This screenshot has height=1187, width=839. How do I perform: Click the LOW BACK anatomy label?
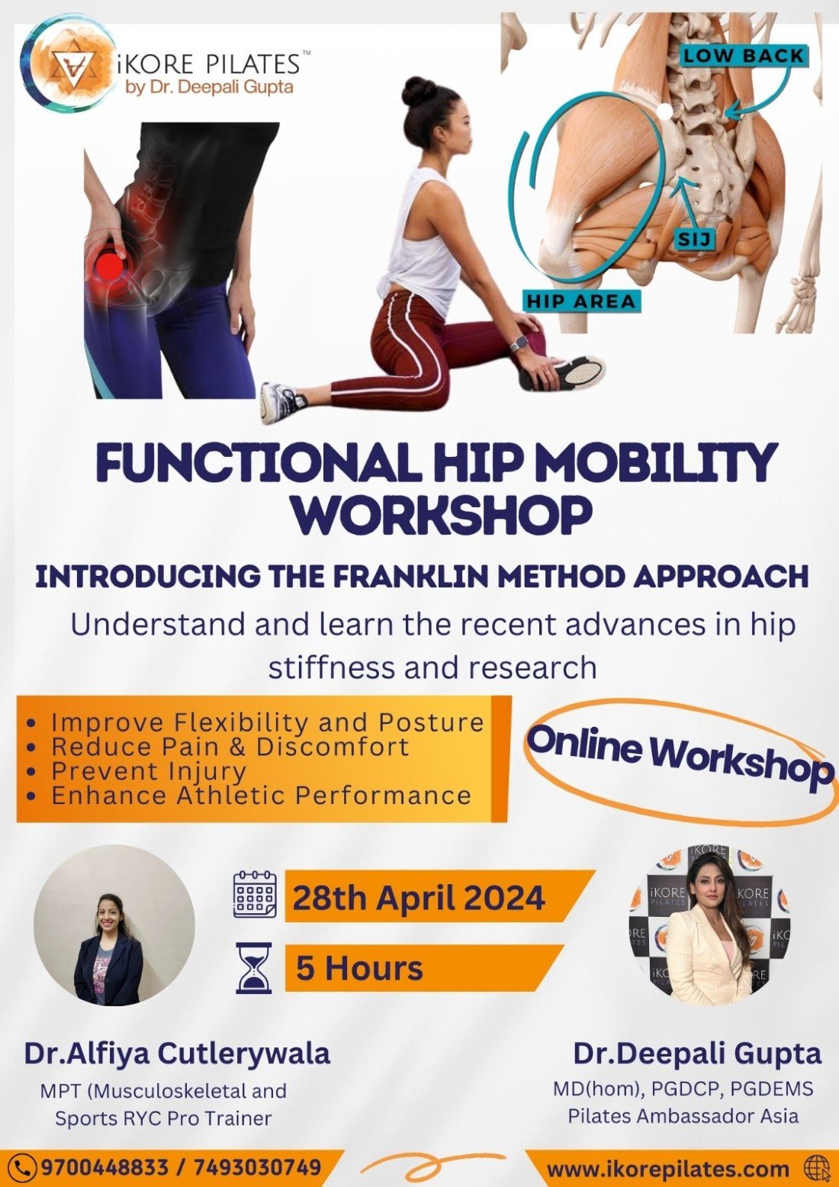click(x=744, y=56)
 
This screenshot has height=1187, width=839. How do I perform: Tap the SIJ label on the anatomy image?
click(x=694, y=240)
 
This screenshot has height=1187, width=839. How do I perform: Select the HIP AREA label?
click(x=580, y=301)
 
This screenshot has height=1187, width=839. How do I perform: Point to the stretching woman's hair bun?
click(x=418, y=92)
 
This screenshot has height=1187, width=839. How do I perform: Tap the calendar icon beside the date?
click(x=254, y=894)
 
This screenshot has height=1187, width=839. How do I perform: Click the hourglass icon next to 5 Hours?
click(x=254, y=968)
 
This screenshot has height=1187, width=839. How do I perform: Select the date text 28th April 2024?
click(x=418, y=898)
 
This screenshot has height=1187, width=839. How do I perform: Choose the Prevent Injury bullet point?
click(x=148, y=771)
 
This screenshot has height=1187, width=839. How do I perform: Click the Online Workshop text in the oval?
click(x=679, y=756)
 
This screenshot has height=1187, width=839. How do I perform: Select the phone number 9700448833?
click(x=104, y=1167)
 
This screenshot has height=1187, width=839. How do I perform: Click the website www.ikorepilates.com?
click(x=667, y=1169)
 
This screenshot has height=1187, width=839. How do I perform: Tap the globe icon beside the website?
click(x=815, y=1168)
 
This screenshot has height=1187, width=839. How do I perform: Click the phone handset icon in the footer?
click(x=25, y=1167)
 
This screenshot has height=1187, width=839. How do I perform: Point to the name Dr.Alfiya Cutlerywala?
click(x=177, y=1054)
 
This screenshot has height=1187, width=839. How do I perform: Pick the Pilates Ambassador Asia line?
click(x=683, y=1115)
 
